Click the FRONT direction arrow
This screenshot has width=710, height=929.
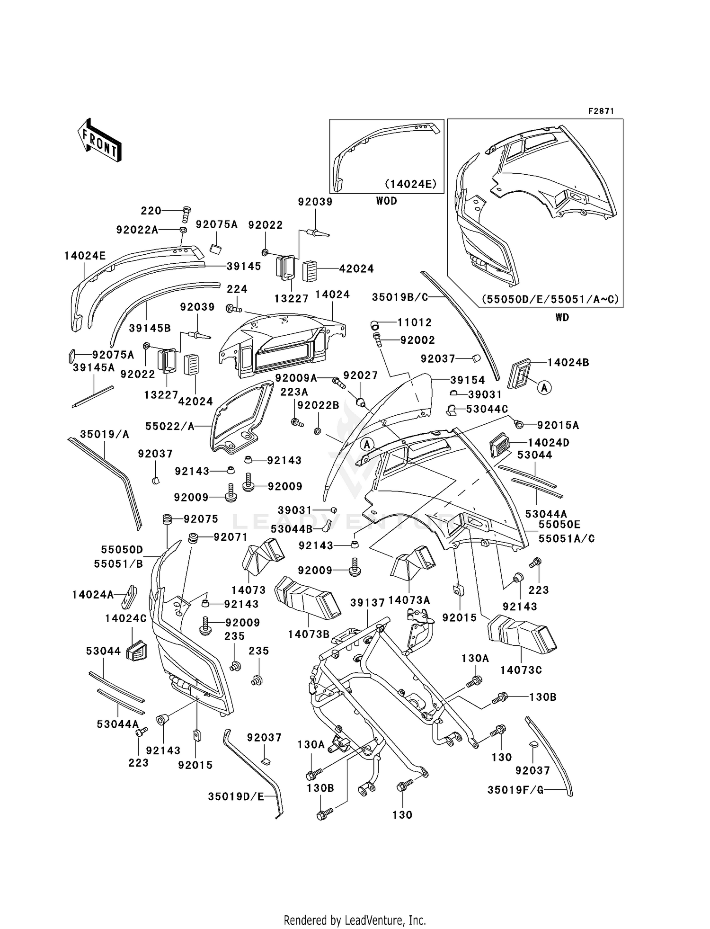[100, 141]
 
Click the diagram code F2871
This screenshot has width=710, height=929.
[601, 111]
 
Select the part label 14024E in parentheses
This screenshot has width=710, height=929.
[410, 184]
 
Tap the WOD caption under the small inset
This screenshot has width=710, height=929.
[386, 201]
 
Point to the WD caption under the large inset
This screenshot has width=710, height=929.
[562, 317]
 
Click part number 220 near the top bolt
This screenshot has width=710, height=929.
[151, 211]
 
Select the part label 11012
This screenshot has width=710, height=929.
[415, 322]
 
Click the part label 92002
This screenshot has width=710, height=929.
[417, 340]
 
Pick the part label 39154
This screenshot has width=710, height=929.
[467, 380]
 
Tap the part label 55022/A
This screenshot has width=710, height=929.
[170, 426]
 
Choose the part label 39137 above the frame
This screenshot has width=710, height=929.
[368, 603]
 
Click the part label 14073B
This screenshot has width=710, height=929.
[309, 634]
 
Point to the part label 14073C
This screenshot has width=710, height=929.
[521, 670]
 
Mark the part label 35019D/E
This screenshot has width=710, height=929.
[236, 797]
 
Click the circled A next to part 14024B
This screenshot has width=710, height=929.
[544, 388]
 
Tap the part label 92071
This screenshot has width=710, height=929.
[231, 536]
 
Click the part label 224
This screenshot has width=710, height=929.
[237, 289]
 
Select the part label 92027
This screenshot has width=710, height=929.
[361, 375]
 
